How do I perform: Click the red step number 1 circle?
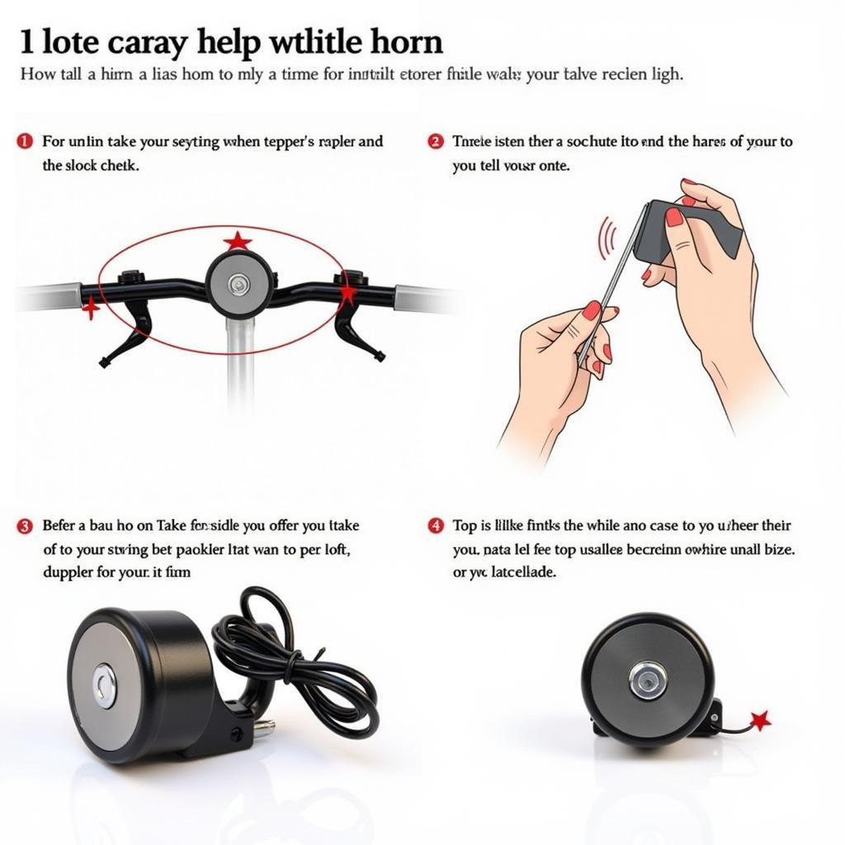tap(25, 141)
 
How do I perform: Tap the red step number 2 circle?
tap(436, 141)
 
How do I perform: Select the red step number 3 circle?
tap(25, 526)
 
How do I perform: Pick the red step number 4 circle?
tap(436, 526)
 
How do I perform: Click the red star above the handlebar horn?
tap(238, 242)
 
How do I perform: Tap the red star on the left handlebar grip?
tap(90, 309)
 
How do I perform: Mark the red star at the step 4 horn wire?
tap(759, 720)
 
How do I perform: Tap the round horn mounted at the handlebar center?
tap(239, 285)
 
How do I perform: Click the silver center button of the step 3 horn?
tap(105, 685)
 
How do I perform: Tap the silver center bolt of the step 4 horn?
tap(647, 679)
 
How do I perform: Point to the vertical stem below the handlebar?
tap(239, 363)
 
